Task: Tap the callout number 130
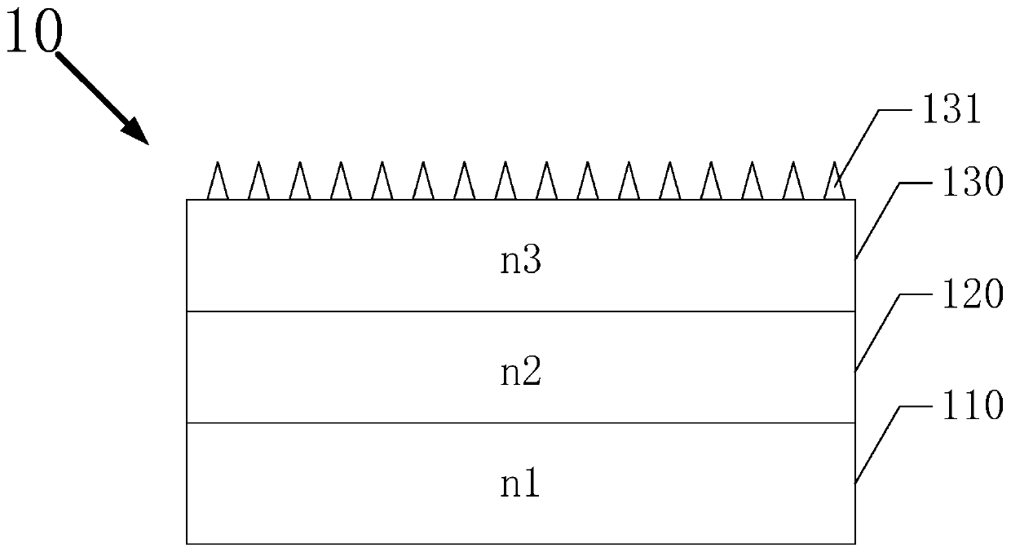tap(969, 184)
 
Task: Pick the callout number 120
tap(969, 295)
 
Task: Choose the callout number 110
tap(969, 405)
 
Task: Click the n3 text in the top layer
tap(520, 263)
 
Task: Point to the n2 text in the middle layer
tap(520, 374)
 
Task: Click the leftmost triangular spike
tap(217, 183)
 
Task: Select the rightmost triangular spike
tap(833, 183)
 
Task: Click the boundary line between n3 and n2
tap(520, 311)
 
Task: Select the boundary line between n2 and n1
tap(520, 422)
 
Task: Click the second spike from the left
tap(258, 183)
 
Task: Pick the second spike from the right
tap(792, 183)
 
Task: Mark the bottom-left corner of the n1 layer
tap(187, 543)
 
